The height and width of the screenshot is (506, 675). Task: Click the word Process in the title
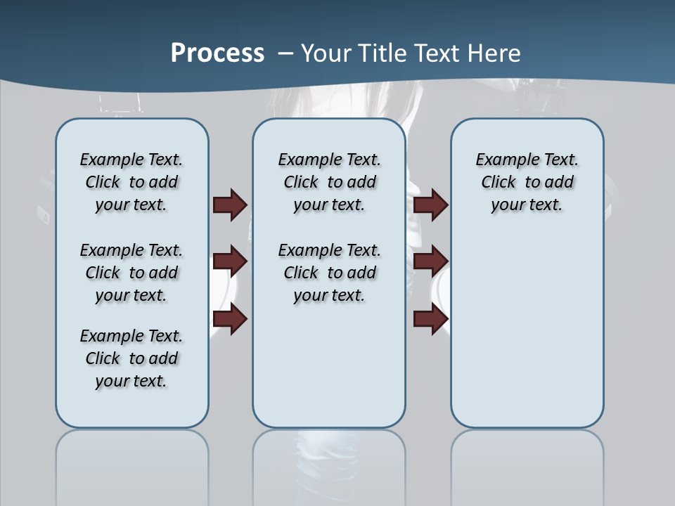tap(217, 53)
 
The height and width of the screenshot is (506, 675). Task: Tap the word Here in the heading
tap(494, 53)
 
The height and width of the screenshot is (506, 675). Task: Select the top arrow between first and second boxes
tap(230, 205)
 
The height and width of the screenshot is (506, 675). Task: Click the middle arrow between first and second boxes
tap(230, 261)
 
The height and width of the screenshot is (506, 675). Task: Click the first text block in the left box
tap(131, 182)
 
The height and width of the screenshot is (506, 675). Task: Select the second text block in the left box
tap(131, 273)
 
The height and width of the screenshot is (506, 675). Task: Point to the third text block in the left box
tap(131, 358)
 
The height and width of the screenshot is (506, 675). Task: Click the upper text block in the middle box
tap(329, 182)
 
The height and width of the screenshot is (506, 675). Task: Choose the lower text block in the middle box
tap(329, 273)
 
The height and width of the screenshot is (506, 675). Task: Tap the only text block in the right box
tap(527, 182)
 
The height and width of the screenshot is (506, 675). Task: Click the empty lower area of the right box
tap(527, 330)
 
